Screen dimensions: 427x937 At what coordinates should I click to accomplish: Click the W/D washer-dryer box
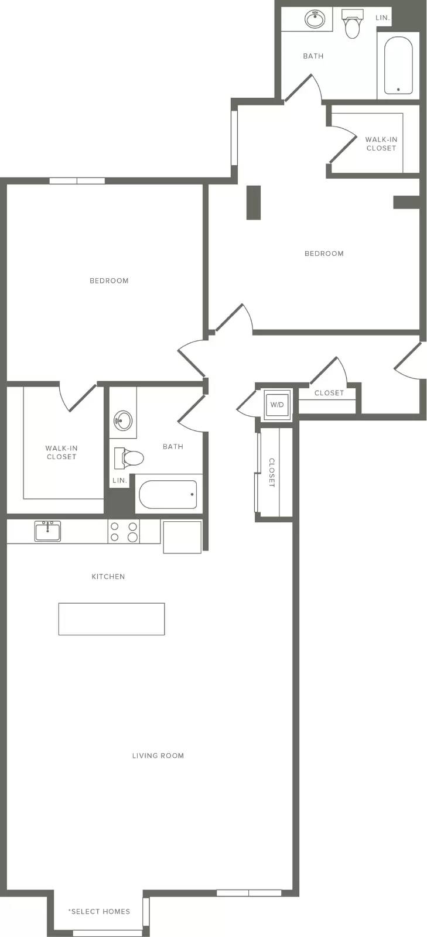[277, 405]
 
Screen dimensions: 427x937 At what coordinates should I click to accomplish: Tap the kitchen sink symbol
[47, 531]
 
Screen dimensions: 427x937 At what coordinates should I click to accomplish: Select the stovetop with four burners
[124, 532]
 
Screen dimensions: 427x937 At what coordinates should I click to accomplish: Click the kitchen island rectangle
[111, 618]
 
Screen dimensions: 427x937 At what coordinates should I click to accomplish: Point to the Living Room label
[158, 755]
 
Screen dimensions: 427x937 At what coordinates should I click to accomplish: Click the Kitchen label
[108, 576]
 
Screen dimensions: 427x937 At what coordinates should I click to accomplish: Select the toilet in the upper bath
[351, 24]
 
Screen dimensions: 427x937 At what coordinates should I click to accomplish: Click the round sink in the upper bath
[315, 19]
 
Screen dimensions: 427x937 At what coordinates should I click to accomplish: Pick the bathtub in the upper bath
[398, 66]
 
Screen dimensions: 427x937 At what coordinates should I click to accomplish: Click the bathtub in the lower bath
[168, 494]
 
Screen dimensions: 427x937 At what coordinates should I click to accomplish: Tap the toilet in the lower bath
[129, 457]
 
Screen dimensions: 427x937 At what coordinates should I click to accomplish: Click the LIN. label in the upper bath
[382, 18]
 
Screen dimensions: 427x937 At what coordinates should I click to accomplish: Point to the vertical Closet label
[271, 472]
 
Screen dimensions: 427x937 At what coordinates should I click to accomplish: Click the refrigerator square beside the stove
[182, 536]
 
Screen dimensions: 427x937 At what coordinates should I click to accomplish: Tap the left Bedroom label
[109, 281]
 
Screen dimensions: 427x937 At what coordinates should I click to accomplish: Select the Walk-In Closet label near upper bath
[381, 143]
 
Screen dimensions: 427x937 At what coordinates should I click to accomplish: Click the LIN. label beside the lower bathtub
[119, 480]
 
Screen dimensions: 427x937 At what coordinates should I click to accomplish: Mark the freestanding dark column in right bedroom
[254, 203]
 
